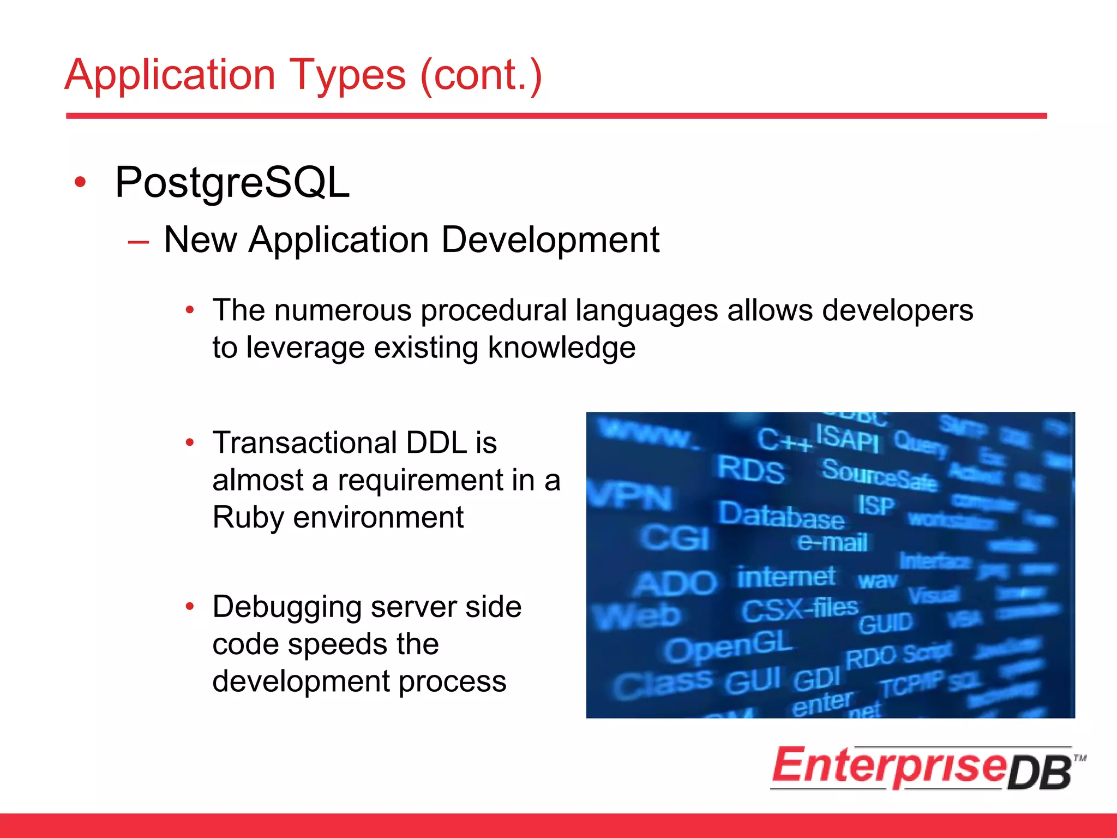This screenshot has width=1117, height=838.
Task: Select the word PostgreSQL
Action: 232,183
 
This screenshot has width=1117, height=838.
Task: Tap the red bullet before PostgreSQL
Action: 80,182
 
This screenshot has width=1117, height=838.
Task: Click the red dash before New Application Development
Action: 138,242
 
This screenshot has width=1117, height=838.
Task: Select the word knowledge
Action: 561,348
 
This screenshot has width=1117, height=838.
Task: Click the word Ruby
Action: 248,517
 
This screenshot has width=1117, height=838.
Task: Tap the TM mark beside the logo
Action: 1079,758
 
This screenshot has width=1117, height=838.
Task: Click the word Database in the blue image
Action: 780,515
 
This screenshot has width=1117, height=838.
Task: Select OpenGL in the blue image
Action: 728,647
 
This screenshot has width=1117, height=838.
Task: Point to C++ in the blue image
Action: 783,440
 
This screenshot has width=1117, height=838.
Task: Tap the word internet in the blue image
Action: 785,577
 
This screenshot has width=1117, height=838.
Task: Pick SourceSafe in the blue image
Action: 879,475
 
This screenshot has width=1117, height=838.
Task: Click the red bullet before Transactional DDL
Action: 189,442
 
